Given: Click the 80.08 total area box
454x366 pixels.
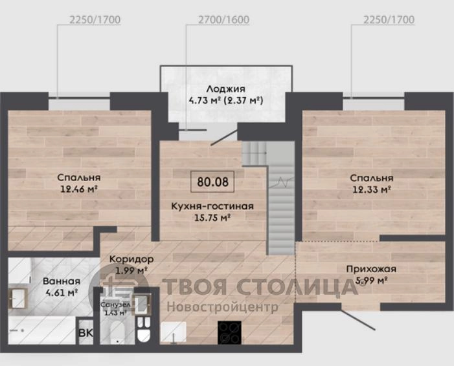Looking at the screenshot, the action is (212, 182).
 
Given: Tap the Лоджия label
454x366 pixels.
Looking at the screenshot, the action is (226, 89).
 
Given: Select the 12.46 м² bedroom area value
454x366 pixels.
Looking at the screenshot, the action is (78, 189).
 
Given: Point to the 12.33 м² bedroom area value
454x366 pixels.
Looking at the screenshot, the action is (372, 189).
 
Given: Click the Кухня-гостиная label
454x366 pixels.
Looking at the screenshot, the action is (212, 206).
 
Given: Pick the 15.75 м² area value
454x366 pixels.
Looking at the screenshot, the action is (212, 217).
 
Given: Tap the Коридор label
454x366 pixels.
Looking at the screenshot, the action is (131, 259).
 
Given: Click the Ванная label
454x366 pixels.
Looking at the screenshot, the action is (62, 281).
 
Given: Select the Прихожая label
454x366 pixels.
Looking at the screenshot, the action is (371, 269).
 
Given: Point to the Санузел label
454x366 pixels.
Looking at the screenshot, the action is (115, 305).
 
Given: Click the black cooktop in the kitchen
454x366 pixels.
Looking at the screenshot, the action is (229, 333).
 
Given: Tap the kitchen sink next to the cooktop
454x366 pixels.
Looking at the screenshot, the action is (173, 332).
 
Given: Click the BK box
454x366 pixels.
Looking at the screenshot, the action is (85, 333).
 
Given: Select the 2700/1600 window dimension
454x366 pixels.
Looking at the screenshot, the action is (223, 19).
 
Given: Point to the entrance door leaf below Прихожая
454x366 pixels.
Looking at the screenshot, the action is (358, 319).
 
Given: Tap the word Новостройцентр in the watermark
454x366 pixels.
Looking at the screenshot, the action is (222, 307).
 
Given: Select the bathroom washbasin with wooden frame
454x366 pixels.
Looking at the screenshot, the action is (18, 298).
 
